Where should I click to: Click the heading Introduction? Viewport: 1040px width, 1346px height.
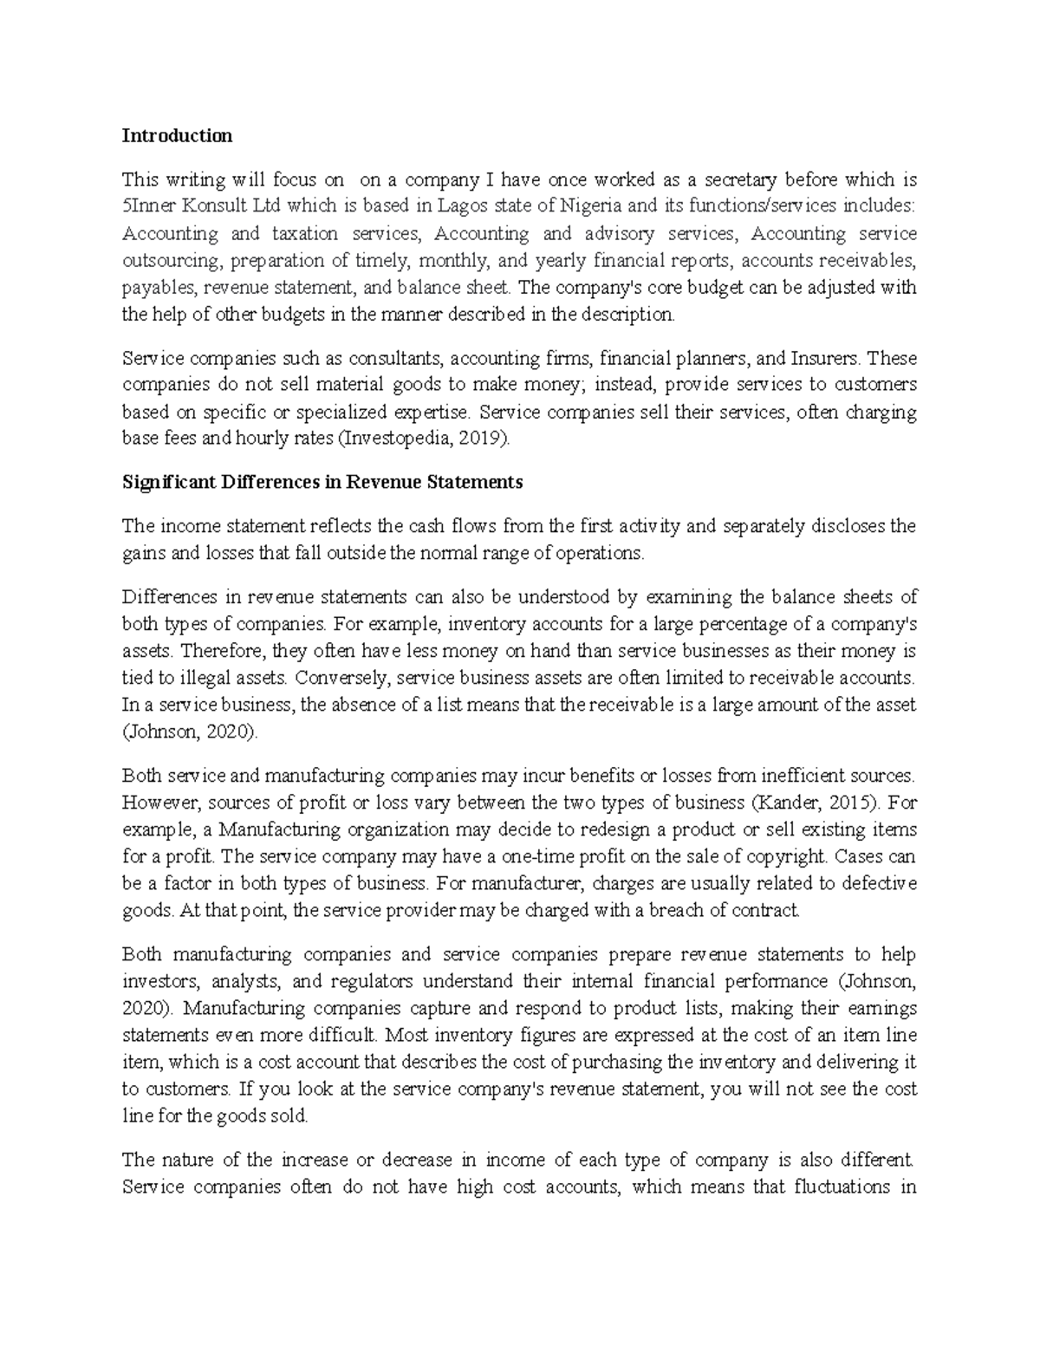[x=177, y=136]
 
